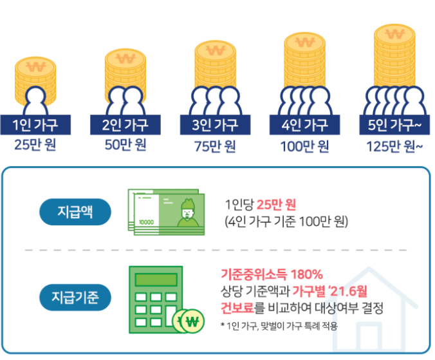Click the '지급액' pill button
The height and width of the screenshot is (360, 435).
[75, 212]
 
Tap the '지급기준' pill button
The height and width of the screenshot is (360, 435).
[75, 298]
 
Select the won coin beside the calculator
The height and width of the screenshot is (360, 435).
[190, 320]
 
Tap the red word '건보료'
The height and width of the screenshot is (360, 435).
[238, 308]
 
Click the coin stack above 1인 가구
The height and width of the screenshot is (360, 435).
[36, 76]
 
